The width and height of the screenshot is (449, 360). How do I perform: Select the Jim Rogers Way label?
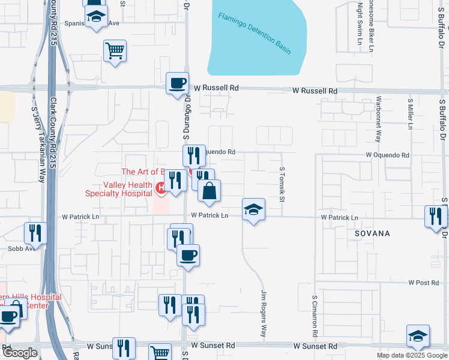click(263, 314)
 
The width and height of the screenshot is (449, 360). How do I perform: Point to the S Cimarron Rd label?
click(314, 315)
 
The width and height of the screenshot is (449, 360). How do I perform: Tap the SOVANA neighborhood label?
click(372, 233)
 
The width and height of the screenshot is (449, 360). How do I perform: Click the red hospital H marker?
click(160, 188)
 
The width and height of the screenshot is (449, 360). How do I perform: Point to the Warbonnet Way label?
click(378, 119)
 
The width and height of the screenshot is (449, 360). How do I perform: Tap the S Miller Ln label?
click(410, 114)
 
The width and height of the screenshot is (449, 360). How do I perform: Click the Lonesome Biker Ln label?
click(371, 24)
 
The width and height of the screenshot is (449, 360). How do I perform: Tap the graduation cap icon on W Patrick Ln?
click(253, 210)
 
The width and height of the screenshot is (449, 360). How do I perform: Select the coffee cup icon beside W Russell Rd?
click(177, 83)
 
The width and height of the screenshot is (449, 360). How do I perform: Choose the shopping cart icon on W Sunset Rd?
click(160, 353)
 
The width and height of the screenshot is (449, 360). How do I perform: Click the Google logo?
click(20, 353)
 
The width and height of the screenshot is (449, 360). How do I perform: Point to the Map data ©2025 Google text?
click(411, 355)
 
